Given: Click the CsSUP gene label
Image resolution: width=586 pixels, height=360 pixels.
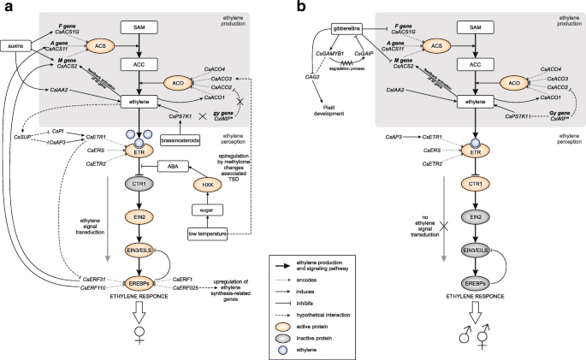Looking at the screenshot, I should point(22,137).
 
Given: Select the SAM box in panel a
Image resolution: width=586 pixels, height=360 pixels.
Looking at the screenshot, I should point(137,27).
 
